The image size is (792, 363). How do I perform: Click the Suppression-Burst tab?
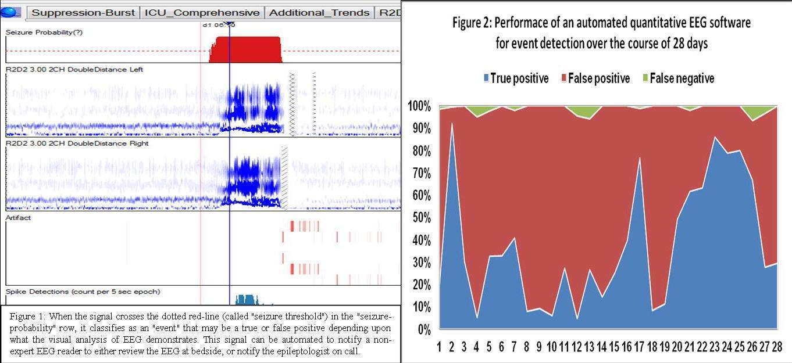(x=83, y=12)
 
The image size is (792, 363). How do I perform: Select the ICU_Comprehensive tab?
(x=202, y=12)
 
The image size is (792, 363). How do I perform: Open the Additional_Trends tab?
(x=319, y=12)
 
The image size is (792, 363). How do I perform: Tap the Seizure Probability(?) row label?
(x=44, y=33)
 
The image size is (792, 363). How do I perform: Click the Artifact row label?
(x=18, y=218)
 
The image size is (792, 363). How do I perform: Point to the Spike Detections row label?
(x=83, y=292)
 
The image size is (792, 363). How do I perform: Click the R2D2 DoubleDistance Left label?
(x=74, y=70)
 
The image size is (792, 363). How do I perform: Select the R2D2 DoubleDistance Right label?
(x=77, y=143)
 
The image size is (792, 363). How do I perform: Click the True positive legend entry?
(x=515, y=78)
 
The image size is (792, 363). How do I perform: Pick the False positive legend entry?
(x=594, y=78)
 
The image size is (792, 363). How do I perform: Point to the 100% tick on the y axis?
(x=419, y=106)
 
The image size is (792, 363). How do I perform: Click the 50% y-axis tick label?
(x=420, y=218)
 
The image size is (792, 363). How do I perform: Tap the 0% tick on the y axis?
(x=423, y=329)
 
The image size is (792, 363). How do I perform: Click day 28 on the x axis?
(x=776, y=347)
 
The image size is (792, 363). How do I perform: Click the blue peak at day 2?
(x=452, y=125)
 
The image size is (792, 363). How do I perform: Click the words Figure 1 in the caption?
(x=27, y=317)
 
